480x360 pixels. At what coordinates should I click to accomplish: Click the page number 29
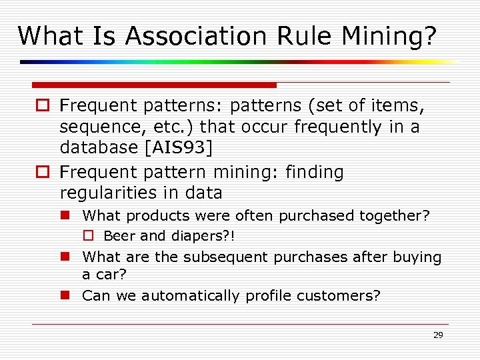437,335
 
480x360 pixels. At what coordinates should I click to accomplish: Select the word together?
395,216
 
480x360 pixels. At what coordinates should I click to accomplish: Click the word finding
314,172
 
